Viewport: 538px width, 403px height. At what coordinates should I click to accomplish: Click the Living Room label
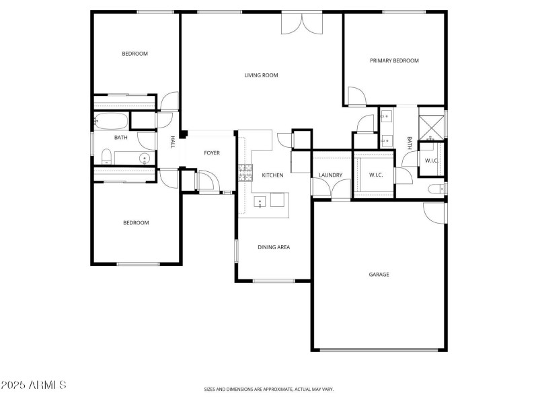(261, 75)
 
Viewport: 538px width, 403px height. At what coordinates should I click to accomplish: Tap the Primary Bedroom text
(394, 60)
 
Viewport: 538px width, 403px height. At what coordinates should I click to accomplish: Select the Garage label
(379, 274)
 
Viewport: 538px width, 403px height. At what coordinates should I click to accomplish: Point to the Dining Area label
(274, 247)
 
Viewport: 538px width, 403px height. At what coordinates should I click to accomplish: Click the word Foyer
(212, 153)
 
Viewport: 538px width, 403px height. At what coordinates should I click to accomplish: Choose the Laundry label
(330, 175)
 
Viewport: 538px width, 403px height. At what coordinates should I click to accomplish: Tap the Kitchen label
(272, 175)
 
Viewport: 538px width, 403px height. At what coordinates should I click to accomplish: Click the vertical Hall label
(172, 142)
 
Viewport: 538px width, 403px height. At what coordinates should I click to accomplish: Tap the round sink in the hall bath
(144, 159)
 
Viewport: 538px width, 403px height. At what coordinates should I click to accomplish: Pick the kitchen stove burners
(244, 173)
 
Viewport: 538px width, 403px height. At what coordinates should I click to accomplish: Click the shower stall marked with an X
(431, 126)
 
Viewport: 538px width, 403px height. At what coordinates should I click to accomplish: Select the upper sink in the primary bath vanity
(387, 118)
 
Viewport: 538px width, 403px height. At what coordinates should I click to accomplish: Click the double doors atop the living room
(302, 24)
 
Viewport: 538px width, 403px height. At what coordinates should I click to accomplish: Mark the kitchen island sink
(260, 201)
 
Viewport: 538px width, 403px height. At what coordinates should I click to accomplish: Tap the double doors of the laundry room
(330, 191)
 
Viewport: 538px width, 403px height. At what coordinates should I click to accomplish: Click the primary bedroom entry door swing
(356, 97)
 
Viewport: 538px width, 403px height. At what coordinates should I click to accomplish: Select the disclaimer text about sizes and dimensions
(269, 389)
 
